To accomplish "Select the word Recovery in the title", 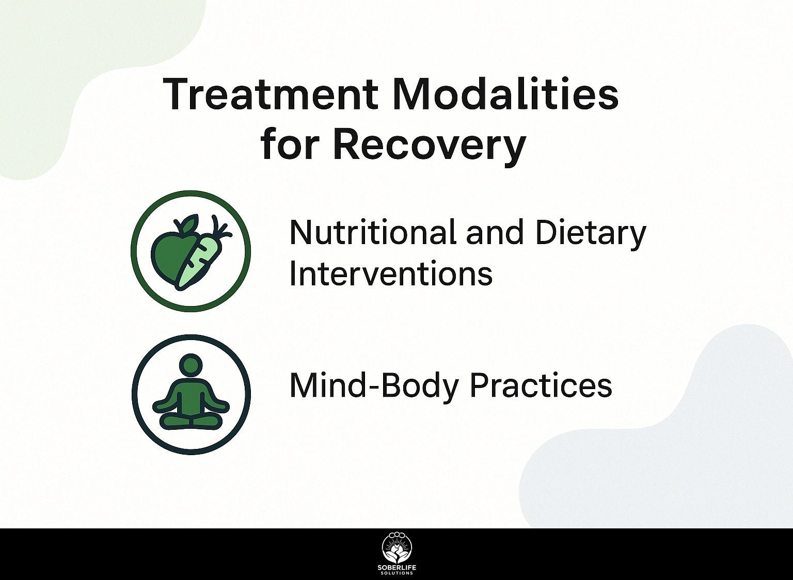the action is click(x=429, y=146).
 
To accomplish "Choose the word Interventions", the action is click(x=391, y=273).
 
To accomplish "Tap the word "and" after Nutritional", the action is click(x=494, y=233).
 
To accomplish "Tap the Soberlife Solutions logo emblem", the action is click(x=396, y=551).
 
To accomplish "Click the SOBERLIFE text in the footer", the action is click(x=396, y=568).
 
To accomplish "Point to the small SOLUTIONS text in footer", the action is click(x=396, y=573).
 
